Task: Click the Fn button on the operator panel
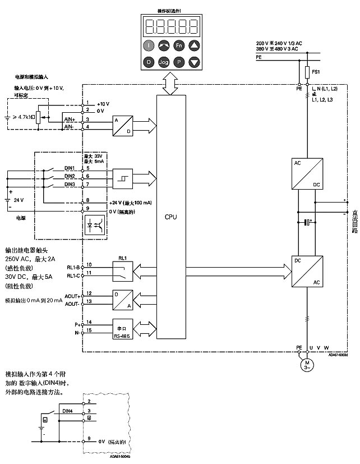coord(178,45)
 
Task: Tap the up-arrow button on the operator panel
coord(194,45)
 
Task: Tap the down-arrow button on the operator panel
coord(194,62)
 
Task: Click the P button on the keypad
coord(178,62)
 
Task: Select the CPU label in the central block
coord(170,217)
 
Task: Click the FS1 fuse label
coord(316,72)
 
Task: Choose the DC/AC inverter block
coord(307,271)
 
